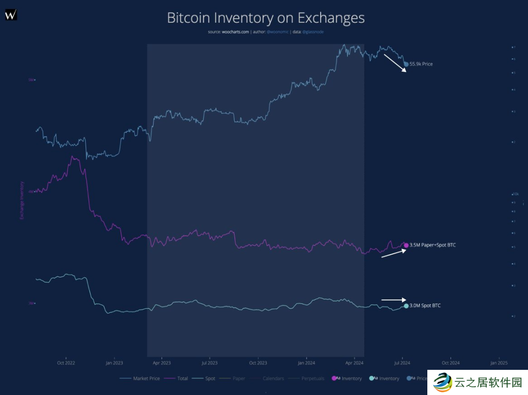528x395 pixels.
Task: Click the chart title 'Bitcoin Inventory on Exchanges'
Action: [265, 18]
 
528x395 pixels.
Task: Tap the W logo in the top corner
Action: [11, 15]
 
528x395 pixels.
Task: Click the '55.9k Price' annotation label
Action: [421, 64]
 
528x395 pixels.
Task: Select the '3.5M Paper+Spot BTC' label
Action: [432, 245]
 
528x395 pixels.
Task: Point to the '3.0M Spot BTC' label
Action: [425, 305]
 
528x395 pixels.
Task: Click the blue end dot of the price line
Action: [406, 64]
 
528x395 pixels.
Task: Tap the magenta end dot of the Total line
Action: [406, 245]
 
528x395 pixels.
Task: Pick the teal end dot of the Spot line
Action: [406, 305]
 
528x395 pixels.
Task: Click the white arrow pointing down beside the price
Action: [395, 63]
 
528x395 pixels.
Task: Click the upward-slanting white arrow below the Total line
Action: [394, 253]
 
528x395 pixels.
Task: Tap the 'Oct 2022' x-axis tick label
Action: [66, 362]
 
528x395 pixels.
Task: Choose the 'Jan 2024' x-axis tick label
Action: [306, 362]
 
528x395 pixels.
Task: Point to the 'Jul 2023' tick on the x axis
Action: [209, 362]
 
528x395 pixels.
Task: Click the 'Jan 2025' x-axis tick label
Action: [499, 362]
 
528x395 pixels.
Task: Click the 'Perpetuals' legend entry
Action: [313, 378]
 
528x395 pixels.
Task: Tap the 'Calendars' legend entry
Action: [273, 378]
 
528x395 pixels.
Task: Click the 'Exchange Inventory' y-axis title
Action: [22, 200]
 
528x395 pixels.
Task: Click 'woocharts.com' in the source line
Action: [235, 32]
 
